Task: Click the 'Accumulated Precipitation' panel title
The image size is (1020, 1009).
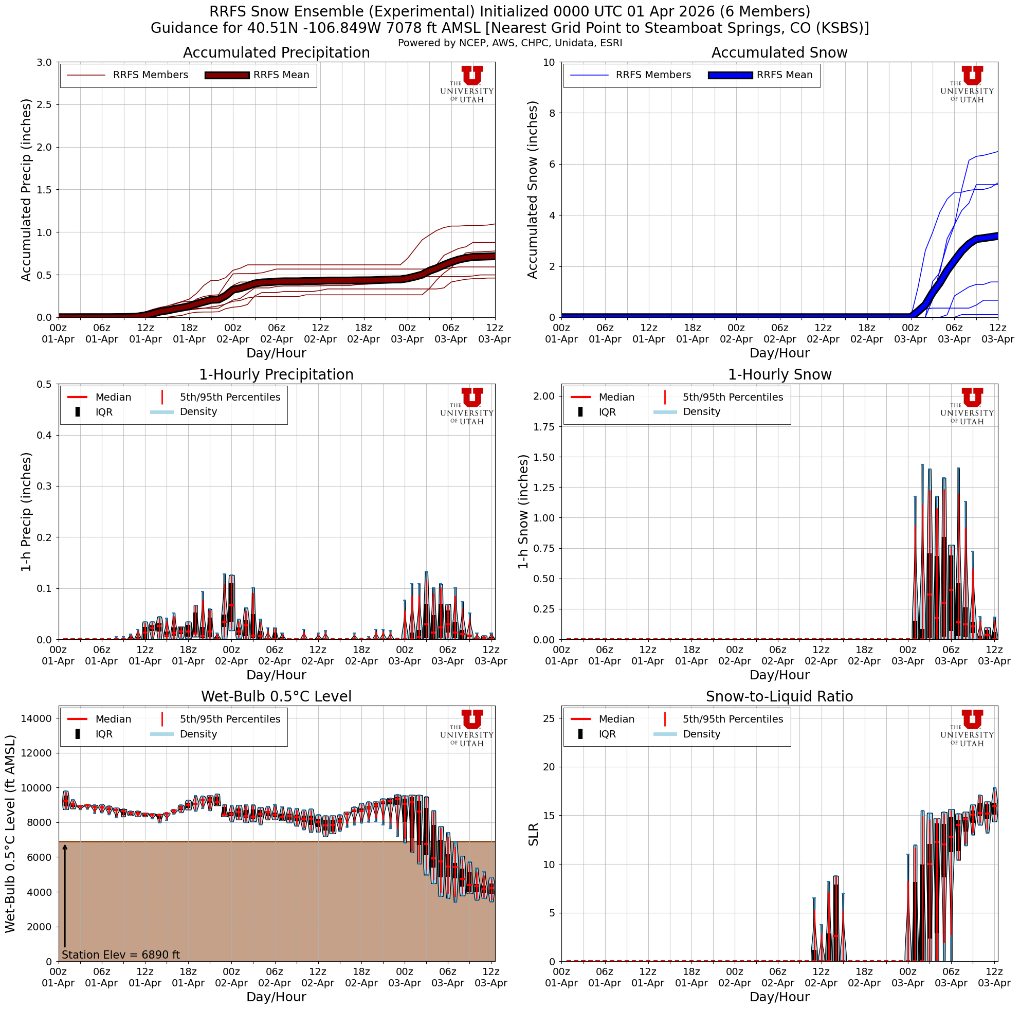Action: coord(276,53)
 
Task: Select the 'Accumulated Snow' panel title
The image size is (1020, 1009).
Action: coord(779,53)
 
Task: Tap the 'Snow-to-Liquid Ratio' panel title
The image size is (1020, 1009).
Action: coord(779,696)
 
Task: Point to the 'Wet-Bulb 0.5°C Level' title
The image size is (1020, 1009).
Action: coord(276,696)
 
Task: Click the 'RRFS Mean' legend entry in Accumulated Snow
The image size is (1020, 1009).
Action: coord(784,75)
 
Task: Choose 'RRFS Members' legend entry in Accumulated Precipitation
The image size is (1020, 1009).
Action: coord(150,75)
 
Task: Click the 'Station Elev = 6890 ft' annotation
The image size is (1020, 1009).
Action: coord(121,955)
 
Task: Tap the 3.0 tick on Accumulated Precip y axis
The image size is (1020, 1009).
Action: coord(44,62)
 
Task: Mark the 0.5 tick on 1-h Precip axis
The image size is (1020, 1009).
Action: coord(44,384)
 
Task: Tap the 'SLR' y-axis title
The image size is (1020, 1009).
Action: coord(533,834)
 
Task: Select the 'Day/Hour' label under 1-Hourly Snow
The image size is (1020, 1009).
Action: coord(779,675)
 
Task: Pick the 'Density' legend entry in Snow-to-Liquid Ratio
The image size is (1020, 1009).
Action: coord(701,734)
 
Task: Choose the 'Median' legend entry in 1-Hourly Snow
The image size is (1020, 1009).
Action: coord(616,397)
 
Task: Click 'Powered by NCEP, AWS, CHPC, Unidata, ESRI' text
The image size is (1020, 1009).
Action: coord(509,43)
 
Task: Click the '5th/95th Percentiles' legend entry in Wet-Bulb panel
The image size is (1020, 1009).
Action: coord(230,719)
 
